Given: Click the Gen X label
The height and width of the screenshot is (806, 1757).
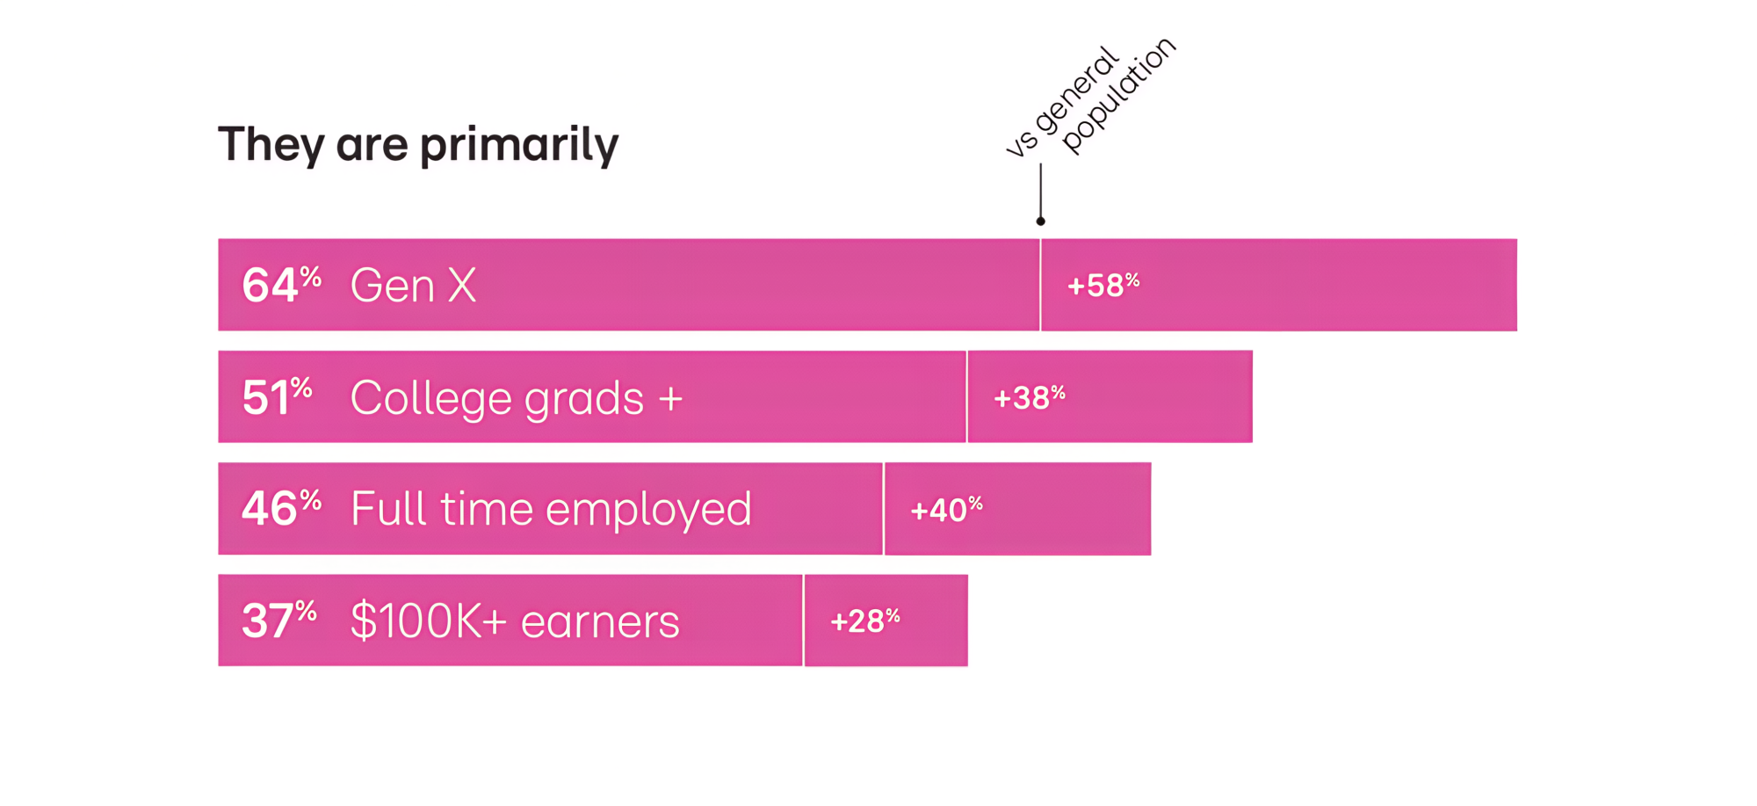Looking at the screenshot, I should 413,286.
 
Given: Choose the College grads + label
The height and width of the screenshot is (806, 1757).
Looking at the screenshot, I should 517,399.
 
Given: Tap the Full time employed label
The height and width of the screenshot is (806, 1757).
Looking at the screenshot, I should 551,510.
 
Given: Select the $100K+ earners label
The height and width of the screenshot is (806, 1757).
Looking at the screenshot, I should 515,621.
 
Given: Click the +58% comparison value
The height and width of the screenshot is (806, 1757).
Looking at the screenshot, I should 1103,286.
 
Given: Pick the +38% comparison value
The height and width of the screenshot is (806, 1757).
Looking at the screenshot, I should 1029,398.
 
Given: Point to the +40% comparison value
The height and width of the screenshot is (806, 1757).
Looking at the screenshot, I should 946,510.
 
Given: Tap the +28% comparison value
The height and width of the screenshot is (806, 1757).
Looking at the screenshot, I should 865,621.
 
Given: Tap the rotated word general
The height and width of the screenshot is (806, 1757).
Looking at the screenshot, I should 1077,90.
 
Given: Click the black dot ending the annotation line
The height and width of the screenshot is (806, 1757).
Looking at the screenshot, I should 1040,221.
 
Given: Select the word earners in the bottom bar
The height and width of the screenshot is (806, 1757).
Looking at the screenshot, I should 600,622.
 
